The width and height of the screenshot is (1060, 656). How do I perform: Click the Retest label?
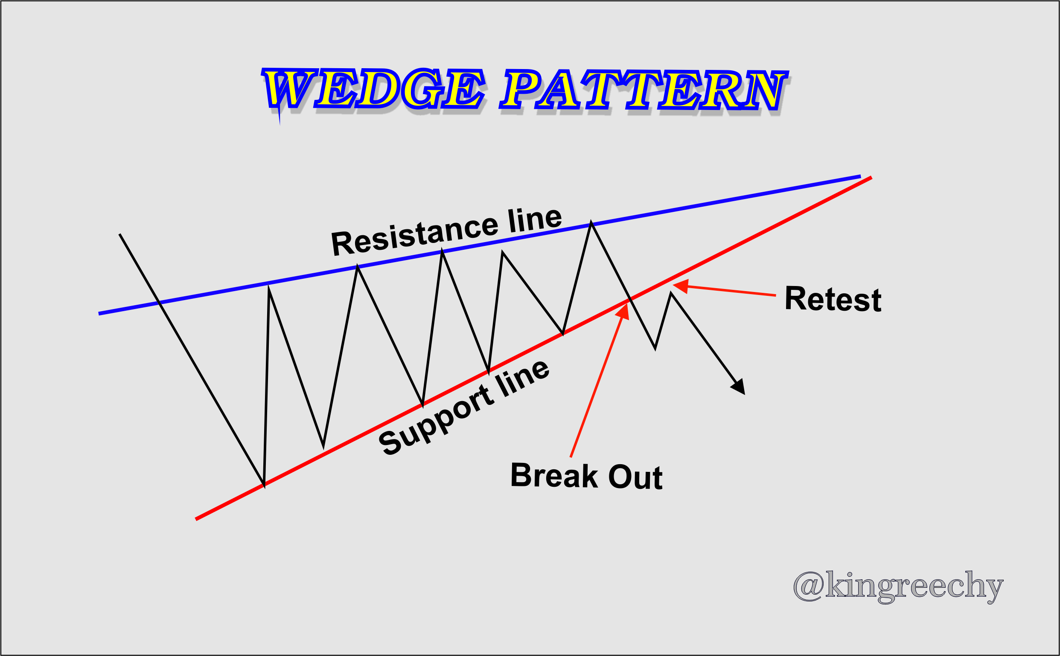[833, 299]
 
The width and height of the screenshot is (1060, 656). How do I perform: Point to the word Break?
[554, 476]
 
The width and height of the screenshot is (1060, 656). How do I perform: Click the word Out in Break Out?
[635, 477]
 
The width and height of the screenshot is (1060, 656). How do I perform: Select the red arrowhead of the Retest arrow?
[681, 286]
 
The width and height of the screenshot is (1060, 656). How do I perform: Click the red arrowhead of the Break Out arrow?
[624, 311]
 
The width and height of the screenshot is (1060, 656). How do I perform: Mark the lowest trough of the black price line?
[264, 485]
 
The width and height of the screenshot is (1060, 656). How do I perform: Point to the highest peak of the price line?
[591, 223]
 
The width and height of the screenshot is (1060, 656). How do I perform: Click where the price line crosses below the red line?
[630, 299]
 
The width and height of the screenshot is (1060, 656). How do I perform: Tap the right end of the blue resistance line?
[860, 176]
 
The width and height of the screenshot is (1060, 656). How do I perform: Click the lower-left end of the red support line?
[196, 519]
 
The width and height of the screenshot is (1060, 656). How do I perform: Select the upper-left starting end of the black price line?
[120, 234]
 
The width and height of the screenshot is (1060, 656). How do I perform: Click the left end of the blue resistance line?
[99, 314]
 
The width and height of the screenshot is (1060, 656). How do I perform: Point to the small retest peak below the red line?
[671, 293]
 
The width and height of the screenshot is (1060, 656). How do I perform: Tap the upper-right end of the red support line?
[871, 177]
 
